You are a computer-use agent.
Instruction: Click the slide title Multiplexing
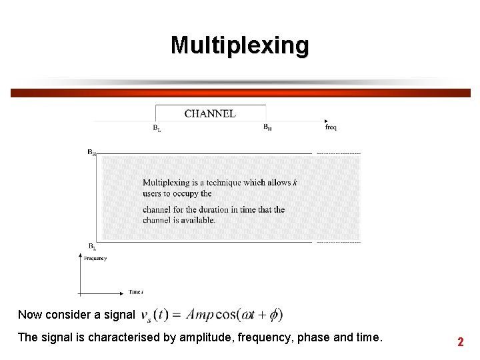click(240, 45)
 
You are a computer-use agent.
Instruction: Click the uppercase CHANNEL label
click(210, 113)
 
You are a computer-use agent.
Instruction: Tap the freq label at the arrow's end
click(331, 127)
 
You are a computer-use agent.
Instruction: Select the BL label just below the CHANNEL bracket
click(157, 128)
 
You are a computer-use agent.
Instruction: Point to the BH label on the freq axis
click(267, 127)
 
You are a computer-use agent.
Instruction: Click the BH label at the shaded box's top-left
click(91, 152)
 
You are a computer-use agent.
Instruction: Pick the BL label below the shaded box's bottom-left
click(92, 247)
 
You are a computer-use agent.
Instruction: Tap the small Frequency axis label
click(95, 259)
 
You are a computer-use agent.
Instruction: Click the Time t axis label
click(136, 292)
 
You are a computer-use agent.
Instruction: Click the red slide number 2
click(460, 342)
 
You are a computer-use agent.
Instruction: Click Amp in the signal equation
click(201, 314)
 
